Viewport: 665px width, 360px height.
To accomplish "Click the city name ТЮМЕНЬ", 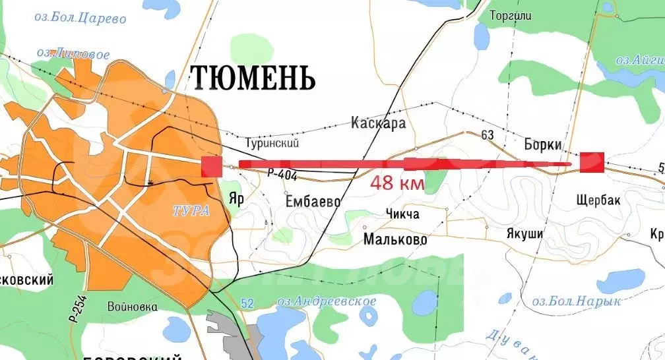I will click(x=253, y=78).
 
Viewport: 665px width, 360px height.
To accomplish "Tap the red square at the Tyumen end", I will click(x=211, y=166).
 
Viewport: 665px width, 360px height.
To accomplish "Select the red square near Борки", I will click(x=591, y=162).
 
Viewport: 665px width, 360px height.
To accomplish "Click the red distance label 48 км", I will click(x=396, y=183).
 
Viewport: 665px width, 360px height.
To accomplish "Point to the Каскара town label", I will click(x=378, y=123).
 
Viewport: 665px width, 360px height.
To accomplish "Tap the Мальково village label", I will click(x=395, y=239).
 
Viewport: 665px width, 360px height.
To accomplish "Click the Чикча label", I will click(x=400, y=214).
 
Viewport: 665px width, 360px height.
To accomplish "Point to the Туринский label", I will click(x=272, y=142).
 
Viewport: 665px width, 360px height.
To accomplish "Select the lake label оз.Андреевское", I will click(x=327, y=301).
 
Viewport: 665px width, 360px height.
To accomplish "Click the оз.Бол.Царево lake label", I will click(x=80, y=18).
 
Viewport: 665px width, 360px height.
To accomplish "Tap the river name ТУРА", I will click(x=191, y=211).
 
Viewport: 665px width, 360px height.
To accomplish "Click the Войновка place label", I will click(x=132, y=307).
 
